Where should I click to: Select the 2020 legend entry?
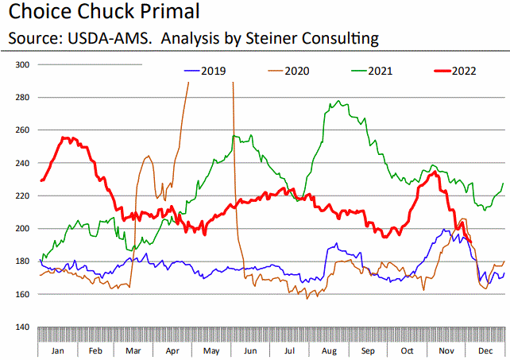tap(295, 71)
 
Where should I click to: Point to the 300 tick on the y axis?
tap(22, 64)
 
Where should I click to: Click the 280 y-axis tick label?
tap(22, 98)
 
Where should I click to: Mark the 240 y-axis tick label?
tap(22, 163)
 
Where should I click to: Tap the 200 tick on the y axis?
tap(22, 229)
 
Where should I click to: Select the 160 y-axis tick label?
tap(22, 295)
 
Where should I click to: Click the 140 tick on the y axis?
tap(22, 327)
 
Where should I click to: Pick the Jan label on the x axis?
tap(57, 350)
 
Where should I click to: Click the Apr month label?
tap(172, 350)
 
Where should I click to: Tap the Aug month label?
tap(328, 350)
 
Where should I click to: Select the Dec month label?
tap(484, 350)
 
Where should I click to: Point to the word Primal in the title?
tap(164, 13)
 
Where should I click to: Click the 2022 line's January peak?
tap(67, 137)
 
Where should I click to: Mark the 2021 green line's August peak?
tap(340, 102)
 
